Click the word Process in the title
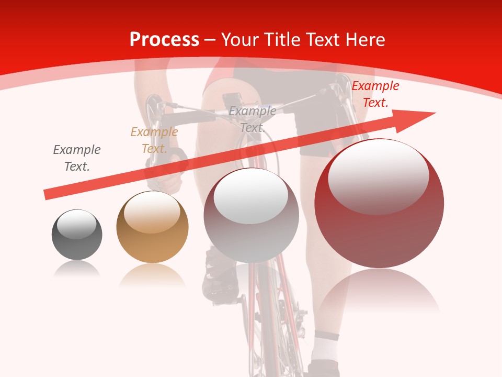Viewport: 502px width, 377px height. [164, 40]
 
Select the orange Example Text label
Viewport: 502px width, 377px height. [154, 140]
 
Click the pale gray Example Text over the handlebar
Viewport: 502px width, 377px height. [253, 119]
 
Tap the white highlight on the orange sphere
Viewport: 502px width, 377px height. [152, 212]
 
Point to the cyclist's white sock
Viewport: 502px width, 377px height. [325, 346]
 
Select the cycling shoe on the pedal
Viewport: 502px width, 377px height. [220, 278]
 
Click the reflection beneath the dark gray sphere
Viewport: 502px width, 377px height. [77, 269]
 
